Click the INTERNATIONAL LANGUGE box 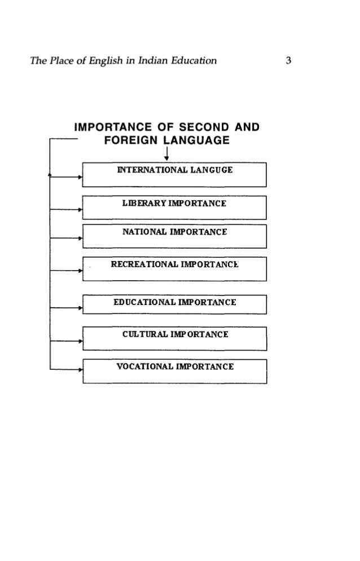pyautogui.click(x=174, y=174)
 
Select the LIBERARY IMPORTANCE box pyautogui.click(x=174, y=207)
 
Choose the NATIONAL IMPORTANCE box pyautogui.click(x=174, y=236)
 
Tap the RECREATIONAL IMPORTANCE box pyautogui.click(x=174, y=268)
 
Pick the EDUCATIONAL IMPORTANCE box pyautogui.click(x=174, y=307)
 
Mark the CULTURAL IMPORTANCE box pyautogui.click(x=174, y=338)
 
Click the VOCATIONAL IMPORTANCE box pyautogui.click(x=174, y=370)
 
